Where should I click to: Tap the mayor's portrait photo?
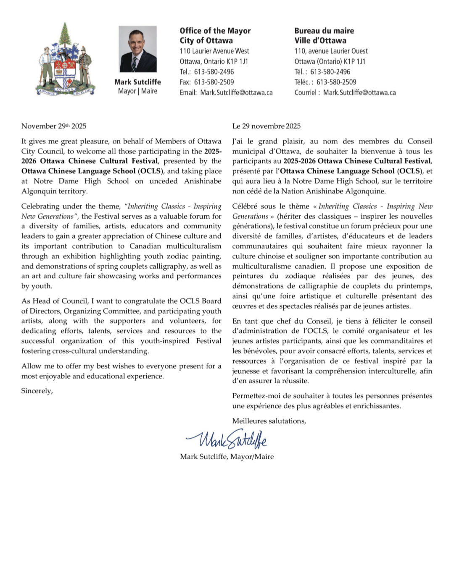pos(137,49)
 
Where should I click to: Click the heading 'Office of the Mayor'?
pos(215,31)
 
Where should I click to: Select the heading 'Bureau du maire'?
pos(324,31)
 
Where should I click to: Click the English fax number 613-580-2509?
pos(214,82)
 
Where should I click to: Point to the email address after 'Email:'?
pos(236,93)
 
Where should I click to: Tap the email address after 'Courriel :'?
pos(359,93)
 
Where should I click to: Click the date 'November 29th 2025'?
pos(54,126)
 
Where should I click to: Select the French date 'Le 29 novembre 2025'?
pos(266,126)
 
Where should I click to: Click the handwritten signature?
pos(227,439)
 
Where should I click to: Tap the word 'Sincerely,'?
pos(37,391)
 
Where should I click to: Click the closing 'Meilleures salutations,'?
pos(269,421)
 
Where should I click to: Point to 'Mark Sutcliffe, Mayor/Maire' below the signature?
pos(227,457)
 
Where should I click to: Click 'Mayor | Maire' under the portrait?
pos(137,91)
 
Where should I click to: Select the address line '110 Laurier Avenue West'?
pos(214,51)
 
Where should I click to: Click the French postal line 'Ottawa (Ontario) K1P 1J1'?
pos(330,61)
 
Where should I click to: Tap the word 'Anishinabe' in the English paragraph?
pos(203,181)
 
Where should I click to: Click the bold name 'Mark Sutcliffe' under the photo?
pos(137,82)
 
